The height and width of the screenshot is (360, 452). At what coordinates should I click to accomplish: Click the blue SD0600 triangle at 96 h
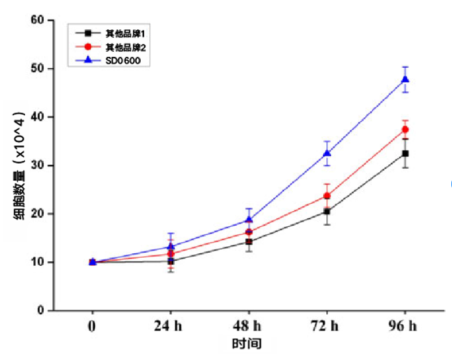click(405, 79)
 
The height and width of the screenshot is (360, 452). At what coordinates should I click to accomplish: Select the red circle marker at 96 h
click(405, 130)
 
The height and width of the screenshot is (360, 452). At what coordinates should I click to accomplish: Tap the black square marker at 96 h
click(405, 153)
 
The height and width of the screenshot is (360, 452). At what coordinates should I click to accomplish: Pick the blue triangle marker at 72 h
click(327, 153)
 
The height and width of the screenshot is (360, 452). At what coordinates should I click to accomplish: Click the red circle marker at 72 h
click(327, 196)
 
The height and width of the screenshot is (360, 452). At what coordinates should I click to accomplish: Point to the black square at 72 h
click(327, 211)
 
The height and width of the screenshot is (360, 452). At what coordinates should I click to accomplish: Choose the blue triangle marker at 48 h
click(249, 219)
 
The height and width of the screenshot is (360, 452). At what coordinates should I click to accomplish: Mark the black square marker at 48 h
click(249, 242)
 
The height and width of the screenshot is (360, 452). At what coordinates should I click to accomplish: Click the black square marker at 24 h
click(171, 261)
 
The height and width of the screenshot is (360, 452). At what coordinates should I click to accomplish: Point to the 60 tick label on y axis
click(37, 21)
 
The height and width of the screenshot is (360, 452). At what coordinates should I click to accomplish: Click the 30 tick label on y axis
click(37, 165)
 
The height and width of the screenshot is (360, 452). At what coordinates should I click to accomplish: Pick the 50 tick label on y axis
click(37, 69)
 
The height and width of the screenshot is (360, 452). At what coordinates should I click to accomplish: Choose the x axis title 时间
click(248, 344)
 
